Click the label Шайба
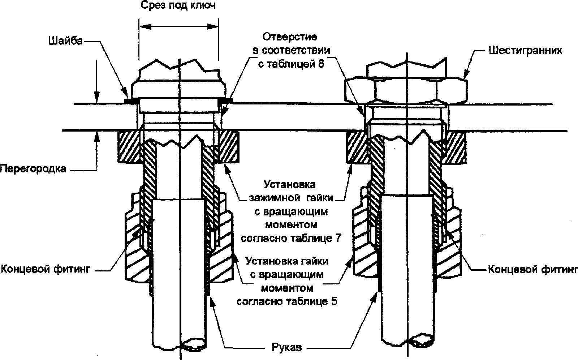(x=65, y=41)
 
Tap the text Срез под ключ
(x=178, y=5)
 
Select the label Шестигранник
(x=525, y=50)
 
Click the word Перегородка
(x=33, y=169)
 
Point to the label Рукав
(x=287, y=347)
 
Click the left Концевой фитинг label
(x=46, y=269)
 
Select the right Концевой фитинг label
(x=533, y=269)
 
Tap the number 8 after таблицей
(x=321, y=64)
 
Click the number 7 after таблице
(x=338, y=238)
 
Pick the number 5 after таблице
(x=334, y=301)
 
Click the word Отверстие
(x=290, y=37)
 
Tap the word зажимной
(x=275, y=198)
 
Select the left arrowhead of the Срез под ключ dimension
(x=145, y=26)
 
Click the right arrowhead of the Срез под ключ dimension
(x=213, y=26)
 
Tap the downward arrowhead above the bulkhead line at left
(x=96, y=98)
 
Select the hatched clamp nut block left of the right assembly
(x=357, y=147)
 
